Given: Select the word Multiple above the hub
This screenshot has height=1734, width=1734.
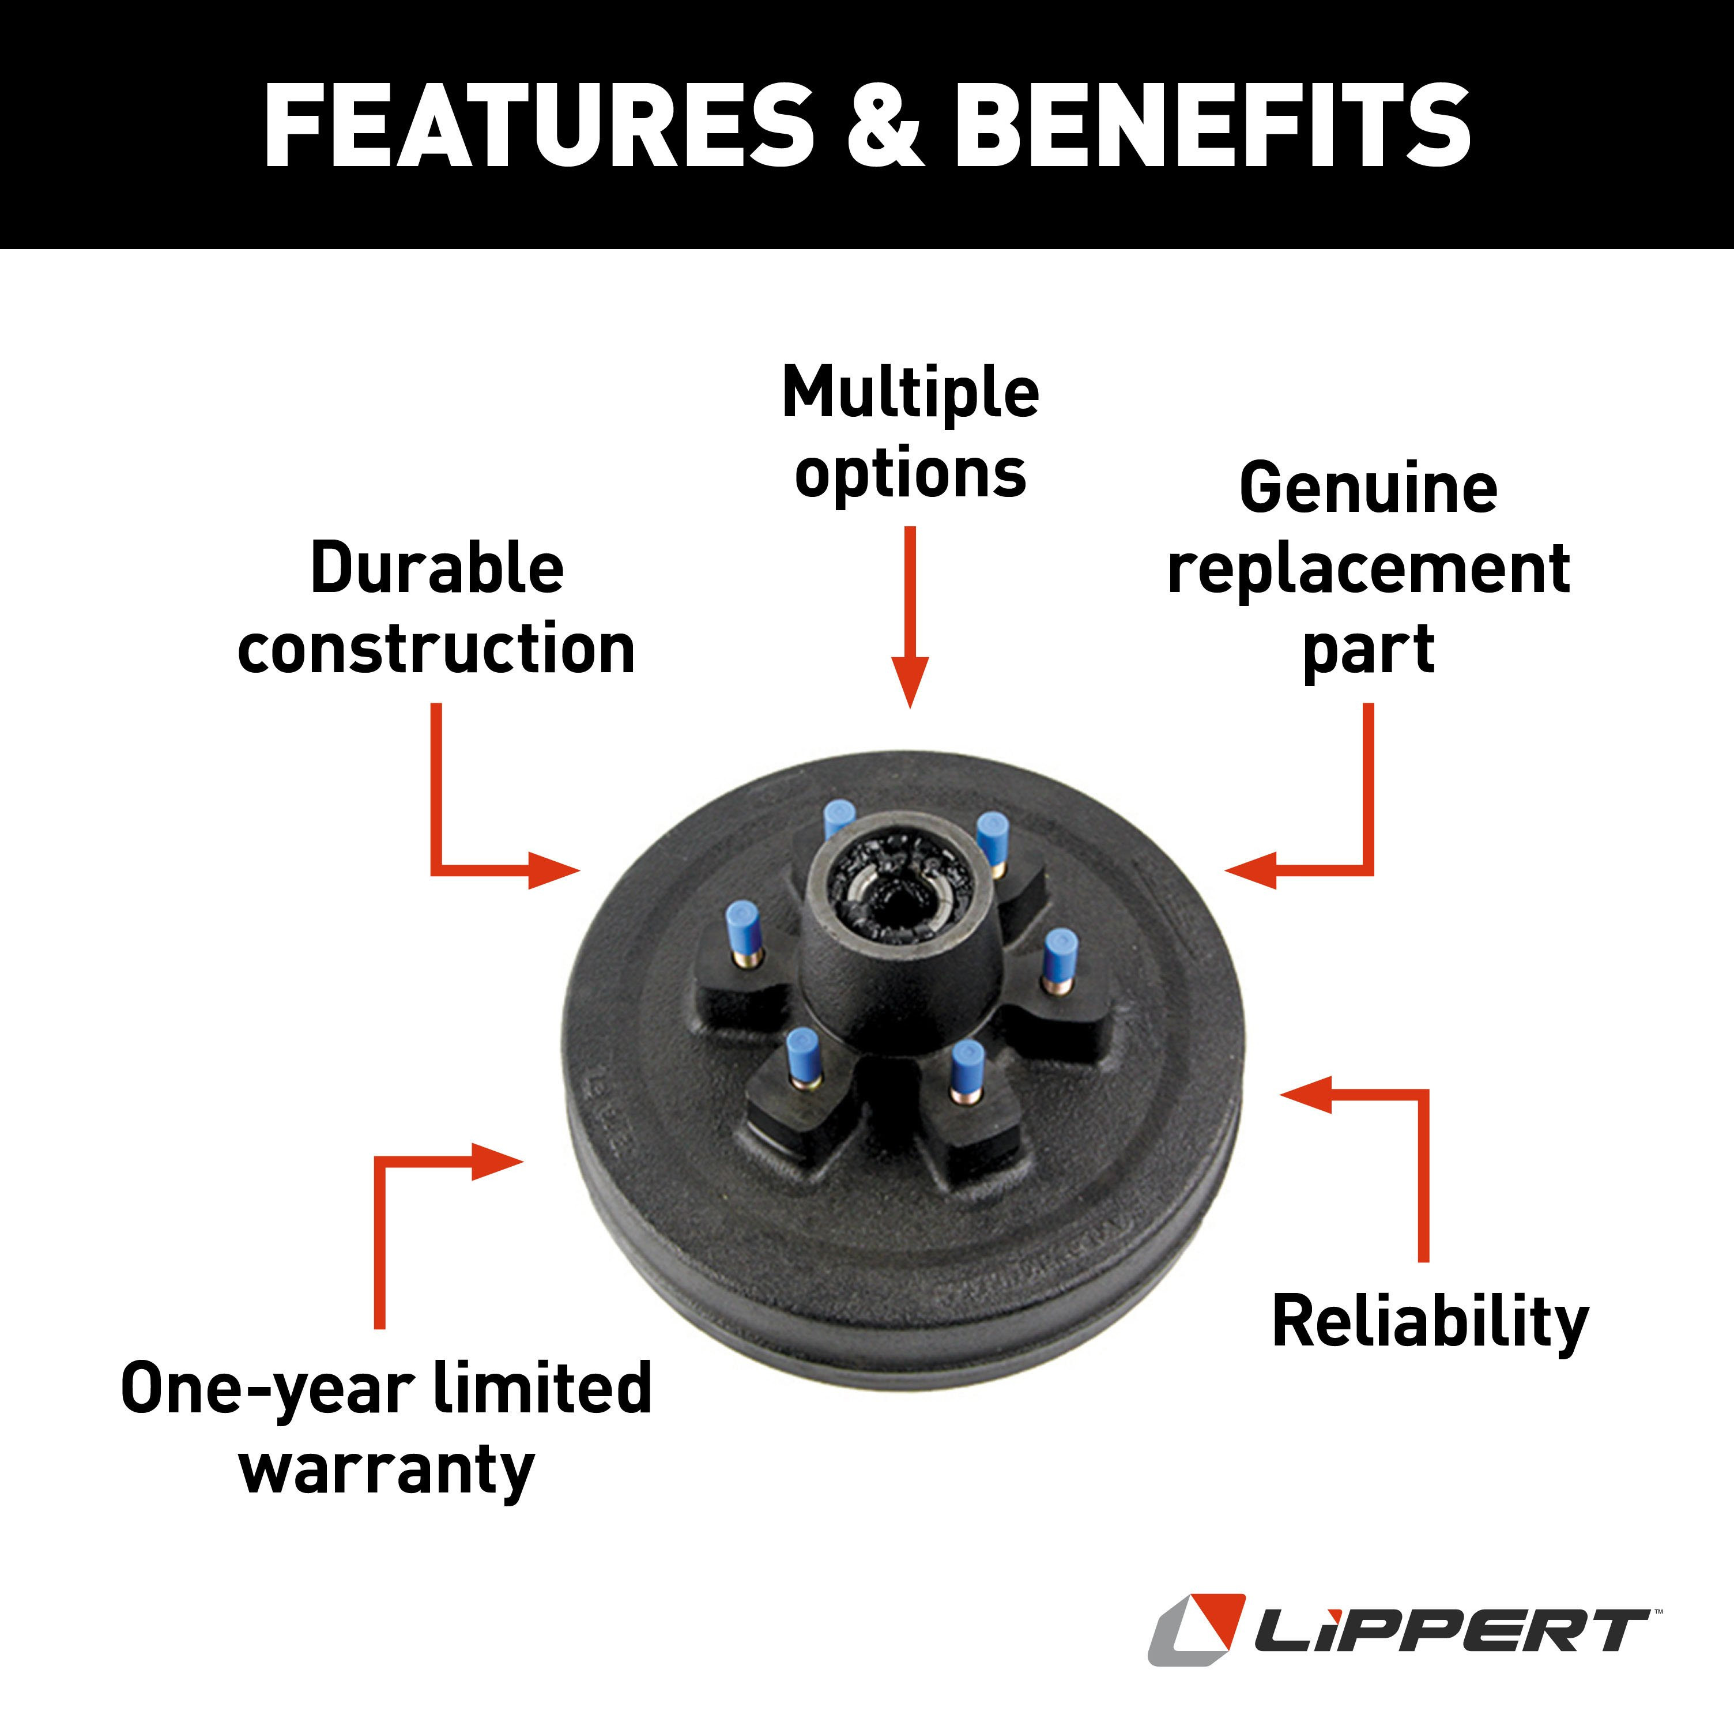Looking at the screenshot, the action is [910, 394].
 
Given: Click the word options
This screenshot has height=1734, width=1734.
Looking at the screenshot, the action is [910, 475].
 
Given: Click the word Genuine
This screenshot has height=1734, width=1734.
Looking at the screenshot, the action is [1368, 487].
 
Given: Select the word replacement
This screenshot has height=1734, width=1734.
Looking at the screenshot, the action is [1368, 570].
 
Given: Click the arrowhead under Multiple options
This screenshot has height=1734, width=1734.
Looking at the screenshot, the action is [910, 682].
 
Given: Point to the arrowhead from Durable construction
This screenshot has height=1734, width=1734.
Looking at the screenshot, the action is [554, 870].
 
